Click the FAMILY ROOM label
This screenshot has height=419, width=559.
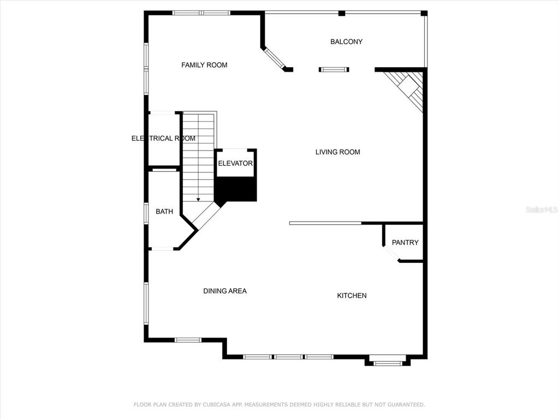tap(204, 65)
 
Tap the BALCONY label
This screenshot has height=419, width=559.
tap(346, 41)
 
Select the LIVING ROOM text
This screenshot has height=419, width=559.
tap(337, 152)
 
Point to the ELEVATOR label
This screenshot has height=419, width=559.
tap(235, 163)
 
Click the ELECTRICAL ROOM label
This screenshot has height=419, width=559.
tap(163, 138)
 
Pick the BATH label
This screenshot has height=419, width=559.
tap(164, 212)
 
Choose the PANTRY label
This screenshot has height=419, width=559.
tap(405, 243)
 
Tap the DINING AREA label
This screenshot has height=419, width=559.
tap(225, 291)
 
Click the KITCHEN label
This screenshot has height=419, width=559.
tap(352, 295)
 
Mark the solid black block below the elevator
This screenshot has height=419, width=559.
tap(236, 189)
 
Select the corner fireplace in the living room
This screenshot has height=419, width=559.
tap(406, 89)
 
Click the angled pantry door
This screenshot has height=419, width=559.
tap(391, 253)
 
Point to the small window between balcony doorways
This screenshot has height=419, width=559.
tap(334, 69)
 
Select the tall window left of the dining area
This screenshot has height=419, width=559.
tap(146, 303)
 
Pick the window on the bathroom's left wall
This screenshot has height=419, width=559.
tap(146, 213)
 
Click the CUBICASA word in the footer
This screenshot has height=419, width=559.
tap(218, 404)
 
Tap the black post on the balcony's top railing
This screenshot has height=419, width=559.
tap(342, 13)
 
